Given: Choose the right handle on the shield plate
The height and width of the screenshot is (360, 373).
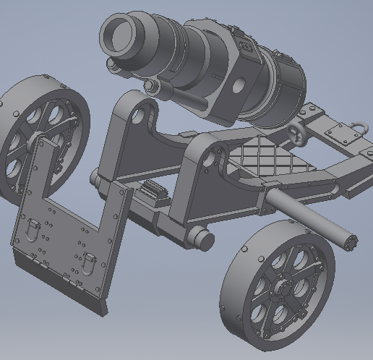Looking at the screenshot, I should click(x=87, y=262).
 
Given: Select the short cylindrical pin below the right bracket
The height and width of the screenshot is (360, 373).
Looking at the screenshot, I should click(x=201, y=238).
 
